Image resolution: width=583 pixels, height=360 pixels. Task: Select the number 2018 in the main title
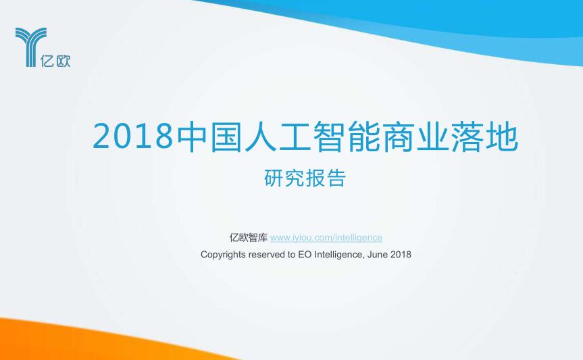(x=133, y=136)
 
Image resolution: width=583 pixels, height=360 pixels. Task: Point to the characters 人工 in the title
(x=277, y=136)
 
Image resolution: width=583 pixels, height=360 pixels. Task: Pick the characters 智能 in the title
(x=346, y=136)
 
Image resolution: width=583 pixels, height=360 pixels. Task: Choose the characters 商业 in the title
(x=415, y=136)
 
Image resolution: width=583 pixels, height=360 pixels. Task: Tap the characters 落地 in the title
(x=483, y=136)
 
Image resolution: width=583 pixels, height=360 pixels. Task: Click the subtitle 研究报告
(x=305, y=178)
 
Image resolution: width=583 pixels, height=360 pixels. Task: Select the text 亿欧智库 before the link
(x=249, y=237)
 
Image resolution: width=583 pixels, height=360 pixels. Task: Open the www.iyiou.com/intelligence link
(x=326, y=238)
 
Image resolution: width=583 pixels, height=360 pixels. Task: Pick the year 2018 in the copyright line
(x=401, y=255)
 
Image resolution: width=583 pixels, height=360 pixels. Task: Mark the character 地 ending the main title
(x=502, y=136)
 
